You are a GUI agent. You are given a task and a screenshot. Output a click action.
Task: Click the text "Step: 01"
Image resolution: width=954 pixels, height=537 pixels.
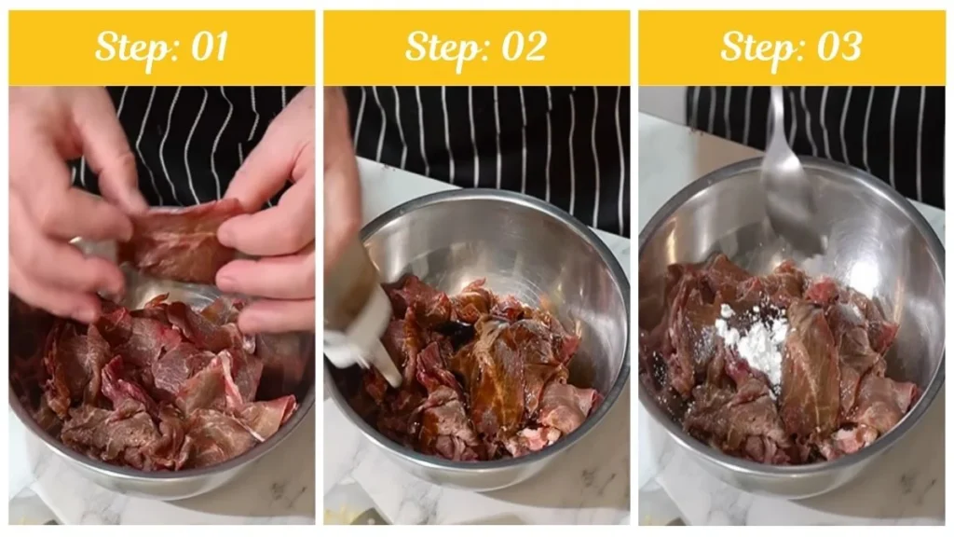161,48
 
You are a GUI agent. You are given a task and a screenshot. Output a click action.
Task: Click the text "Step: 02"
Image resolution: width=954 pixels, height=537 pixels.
476,48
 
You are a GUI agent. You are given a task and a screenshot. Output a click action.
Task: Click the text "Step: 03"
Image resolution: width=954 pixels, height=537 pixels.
791,48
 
